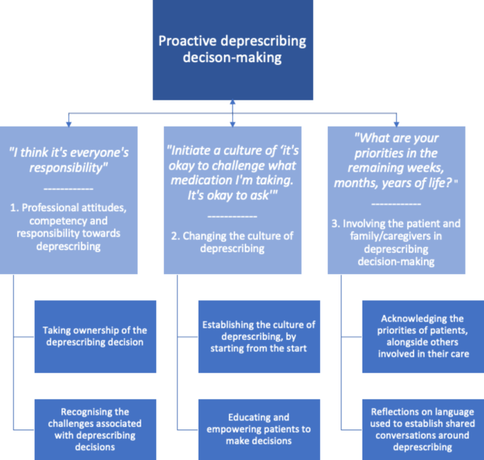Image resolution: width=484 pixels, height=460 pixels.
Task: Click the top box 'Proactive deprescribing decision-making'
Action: click(232, 49)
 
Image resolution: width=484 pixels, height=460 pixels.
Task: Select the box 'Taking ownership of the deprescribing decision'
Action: click(95, 336)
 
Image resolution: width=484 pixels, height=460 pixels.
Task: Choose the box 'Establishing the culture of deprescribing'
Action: click(259, 336)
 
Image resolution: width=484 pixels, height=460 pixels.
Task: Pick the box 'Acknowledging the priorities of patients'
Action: click(422, 336)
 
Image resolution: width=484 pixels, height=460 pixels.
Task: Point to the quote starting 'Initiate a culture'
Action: click(232, 175)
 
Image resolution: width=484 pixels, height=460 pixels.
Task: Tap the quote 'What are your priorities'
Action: click(396, 162)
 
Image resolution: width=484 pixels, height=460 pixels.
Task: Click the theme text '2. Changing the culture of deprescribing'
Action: click(232, 242)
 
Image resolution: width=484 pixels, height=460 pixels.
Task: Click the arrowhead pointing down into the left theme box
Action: click(69, 122)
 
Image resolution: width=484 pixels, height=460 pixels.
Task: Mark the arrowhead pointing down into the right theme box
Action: click(396, 122)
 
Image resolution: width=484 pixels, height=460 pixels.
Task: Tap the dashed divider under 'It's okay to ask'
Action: click(232, 216)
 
